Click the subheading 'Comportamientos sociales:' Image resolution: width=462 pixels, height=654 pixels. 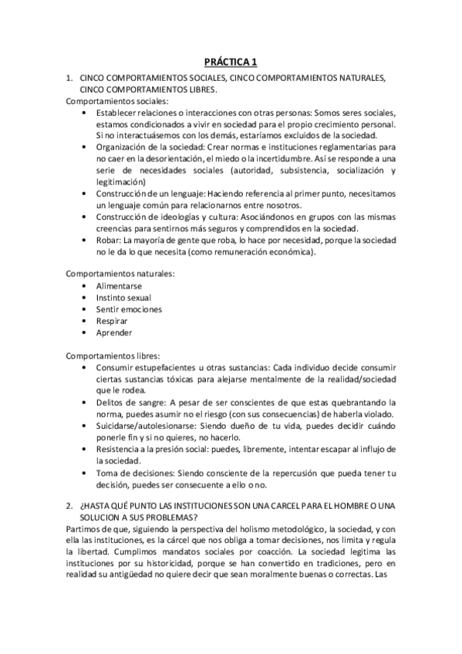116,101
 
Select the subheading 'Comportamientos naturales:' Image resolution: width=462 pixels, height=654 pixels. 119,273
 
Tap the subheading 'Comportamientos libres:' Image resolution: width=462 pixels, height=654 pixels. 113,356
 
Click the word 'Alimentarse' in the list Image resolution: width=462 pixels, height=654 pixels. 119,285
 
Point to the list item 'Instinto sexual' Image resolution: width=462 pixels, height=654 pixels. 123,297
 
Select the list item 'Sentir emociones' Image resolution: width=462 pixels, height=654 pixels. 129,309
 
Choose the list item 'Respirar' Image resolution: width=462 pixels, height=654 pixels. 112,321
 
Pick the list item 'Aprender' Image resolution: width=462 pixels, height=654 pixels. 114,333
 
